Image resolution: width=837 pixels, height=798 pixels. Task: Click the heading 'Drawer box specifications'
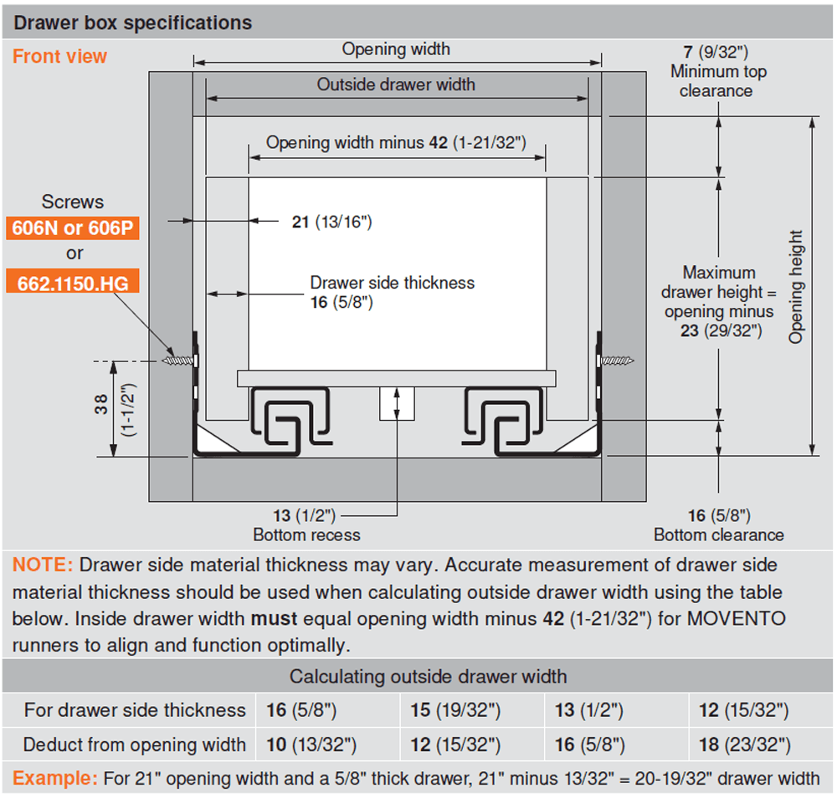tap(133, 23)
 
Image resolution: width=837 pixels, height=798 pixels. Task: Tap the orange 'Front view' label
tap(59, 57)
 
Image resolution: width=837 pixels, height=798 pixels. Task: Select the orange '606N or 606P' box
tap(73, 228)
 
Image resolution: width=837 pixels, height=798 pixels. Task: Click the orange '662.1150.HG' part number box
tap(73, 283)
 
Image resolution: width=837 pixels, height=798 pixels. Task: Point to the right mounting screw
tap(616, 361)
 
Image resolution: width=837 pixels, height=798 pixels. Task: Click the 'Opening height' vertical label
tap(795, 286)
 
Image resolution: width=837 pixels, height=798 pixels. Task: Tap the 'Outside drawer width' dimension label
tap(396, 84)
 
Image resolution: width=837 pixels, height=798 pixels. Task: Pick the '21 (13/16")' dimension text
tap(331, 222)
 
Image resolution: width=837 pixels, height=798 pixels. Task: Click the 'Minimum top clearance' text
tap(716, 81)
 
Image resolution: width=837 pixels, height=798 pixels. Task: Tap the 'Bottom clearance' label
tap(719, 535)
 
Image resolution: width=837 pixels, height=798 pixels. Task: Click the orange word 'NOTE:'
tap(43, 565)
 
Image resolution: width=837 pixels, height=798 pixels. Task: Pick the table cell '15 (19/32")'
tap(455, 711)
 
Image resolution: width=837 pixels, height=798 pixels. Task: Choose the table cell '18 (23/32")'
tap(744, 744)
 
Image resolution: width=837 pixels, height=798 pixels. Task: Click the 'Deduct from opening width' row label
tap(135, 744)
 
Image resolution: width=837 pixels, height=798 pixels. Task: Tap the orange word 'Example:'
tap(54, 779)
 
